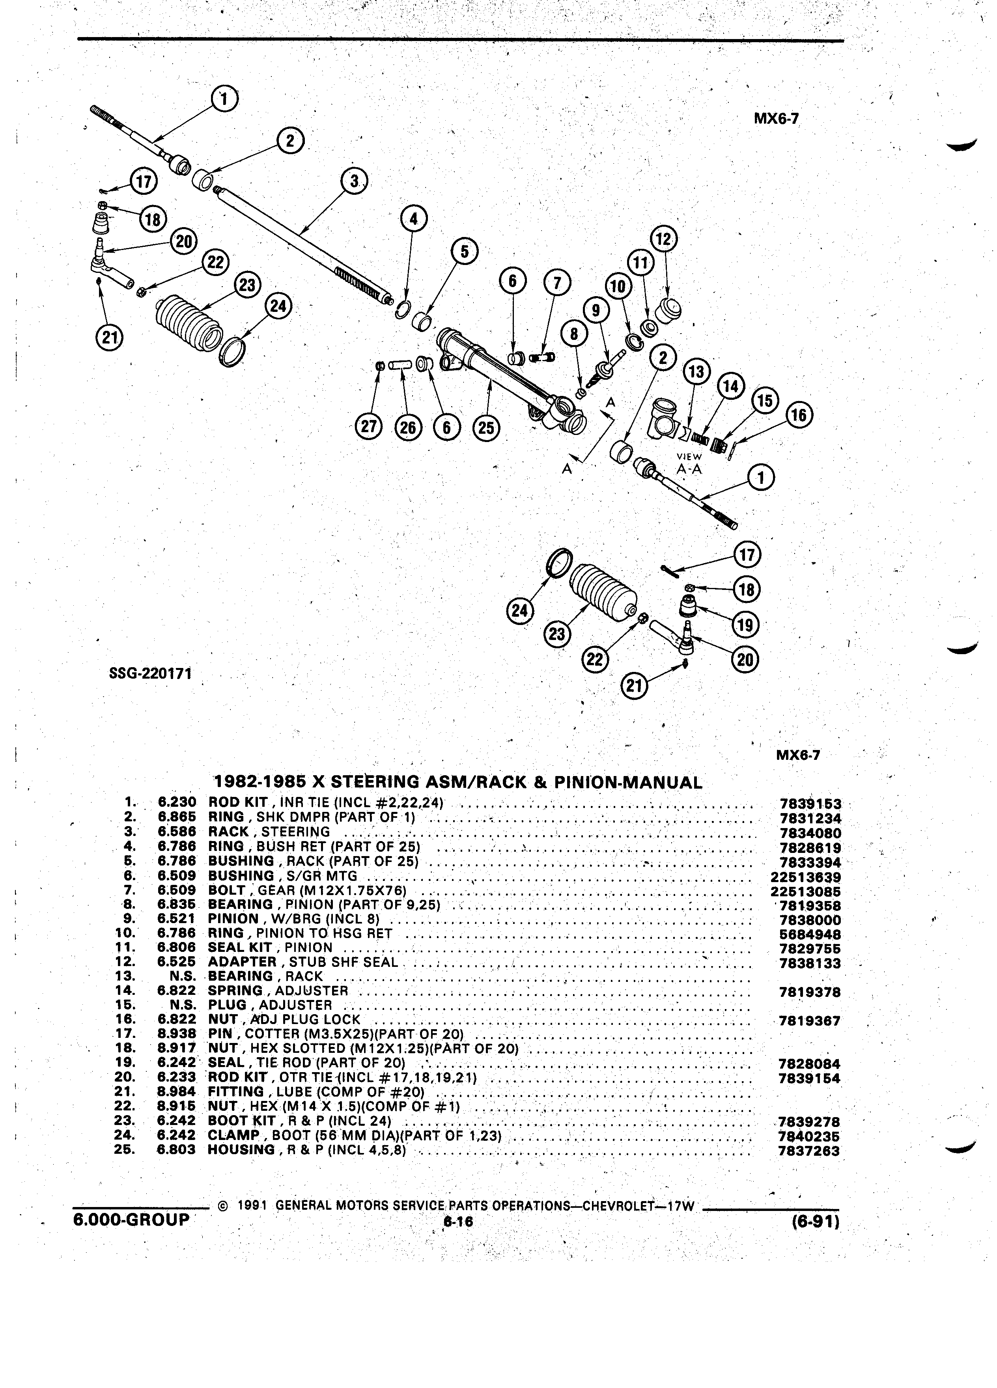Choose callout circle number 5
[465, 252]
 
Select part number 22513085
[805, 892]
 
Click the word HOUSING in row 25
[241, 1150]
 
